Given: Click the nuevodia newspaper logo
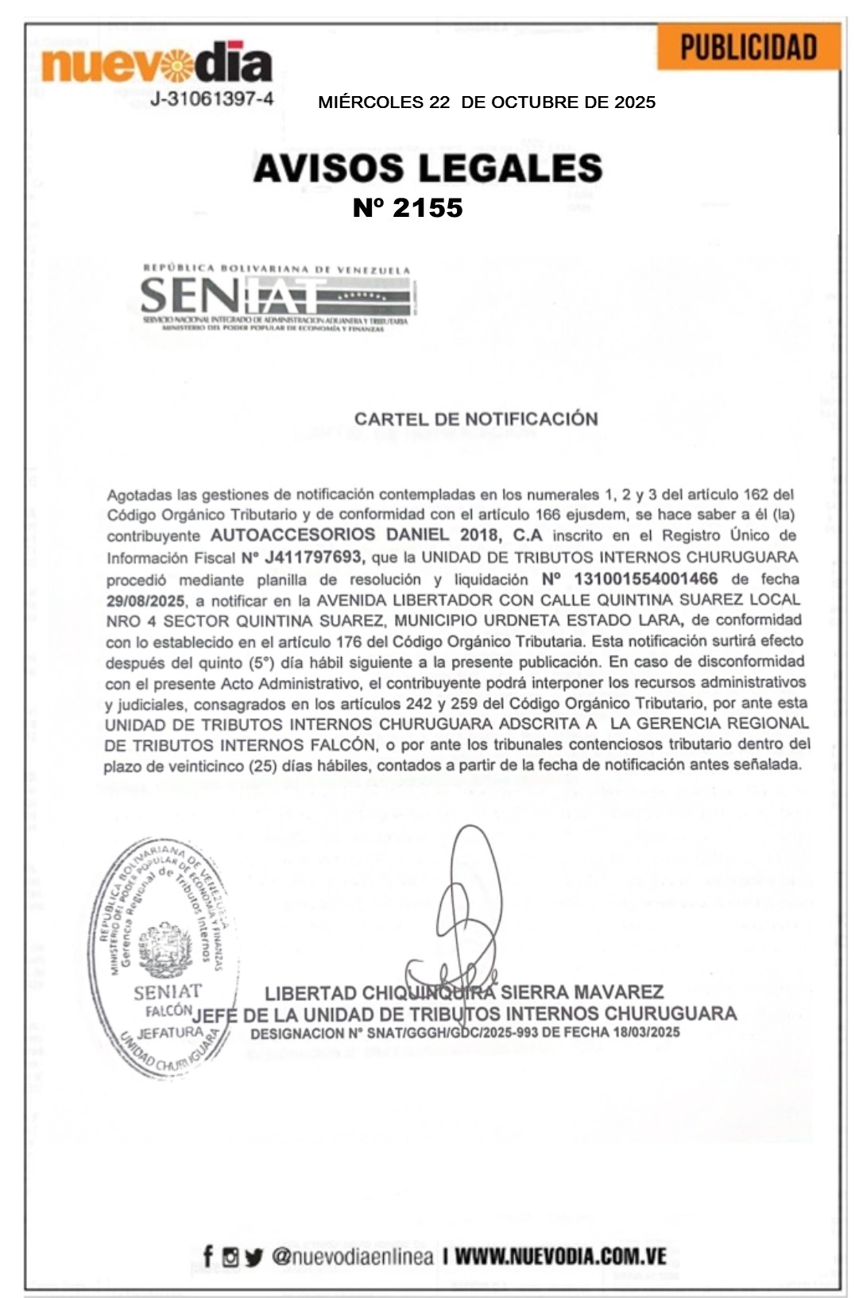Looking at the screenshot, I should [156, 63].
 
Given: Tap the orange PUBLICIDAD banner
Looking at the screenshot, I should [749, 48].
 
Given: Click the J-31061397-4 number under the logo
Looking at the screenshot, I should [212, 99].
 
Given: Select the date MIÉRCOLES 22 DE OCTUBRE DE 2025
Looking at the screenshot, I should [486, 102].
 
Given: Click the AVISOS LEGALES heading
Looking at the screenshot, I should [428, 168].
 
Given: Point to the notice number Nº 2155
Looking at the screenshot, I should [408, 207].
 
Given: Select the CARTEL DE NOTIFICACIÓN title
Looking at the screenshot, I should [476, 419].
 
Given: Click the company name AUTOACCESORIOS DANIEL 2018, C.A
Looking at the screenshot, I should [376, 535].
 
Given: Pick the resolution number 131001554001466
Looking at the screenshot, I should [645, 578].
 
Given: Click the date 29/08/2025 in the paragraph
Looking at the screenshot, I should [145, 600].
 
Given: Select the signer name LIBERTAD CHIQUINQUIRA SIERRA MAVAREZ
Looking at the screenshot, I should [464, 992].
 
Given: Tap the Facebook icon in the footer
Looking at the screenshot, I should [208, 1256].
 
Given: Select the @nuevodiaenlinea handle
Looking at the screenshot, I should [352, 1257].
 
